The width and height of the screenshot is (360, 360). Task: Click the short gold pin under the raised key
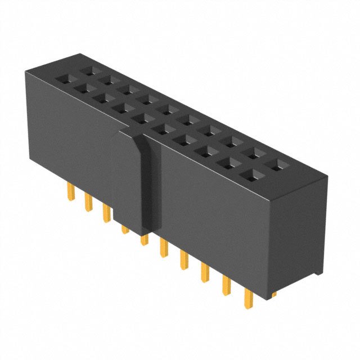(124, 229)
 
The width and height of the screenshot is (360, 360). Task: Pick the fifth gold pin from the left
(144, 240)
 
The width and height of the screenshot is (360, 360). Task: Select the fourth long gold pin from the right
(184, 260)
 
